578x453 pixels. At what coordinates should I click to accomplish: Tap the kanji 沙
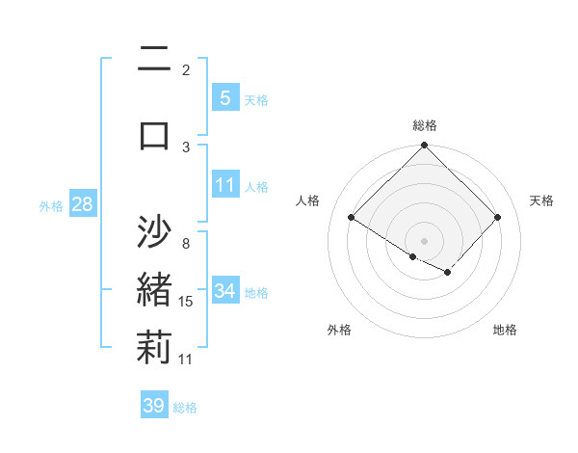point(154,231)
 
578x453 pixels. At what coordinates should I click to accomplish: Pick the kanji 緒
point(154,290)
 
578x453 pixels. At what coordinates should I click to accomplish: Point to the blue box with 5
point(224,97)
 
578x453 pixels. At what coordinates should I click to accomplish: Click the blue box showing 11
point(224,185)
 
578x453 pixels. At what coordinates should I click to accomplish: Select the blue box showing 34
point(224,291)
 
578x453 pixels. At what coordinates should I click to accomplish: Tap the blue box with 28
point(82,204)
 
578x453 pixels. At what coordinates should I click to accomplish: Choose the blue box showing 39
point(153,406)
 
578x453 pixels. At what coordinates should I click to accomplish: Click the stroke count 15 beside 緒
point(186,302)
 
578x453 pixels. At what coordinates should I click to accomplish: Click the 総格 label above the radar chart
point(425,125)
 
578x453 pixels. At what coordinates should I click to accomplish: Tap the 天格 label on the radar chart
point(541,200)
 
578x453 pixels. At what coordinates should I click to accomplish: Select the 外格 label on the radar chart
point(339,330)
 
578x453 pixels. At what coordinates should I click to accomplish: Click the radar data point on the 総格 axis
point(425,146)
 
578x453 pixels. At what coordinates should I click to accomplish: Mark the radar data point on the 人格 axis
point(352,218)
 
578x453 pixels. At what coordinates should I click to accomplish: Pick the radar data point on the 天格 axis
point(497,218)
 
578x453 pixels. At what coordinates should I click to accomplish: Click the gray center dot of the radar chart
point(425,240)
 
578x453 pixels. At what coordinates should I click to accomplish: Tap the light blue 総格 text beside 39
point(185,408)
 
